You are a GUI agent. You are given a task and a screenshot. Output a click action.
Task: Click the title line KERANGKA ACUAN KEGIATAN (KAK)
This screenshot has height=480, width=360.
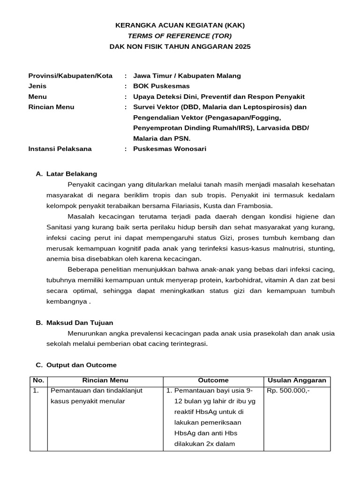point(180,25)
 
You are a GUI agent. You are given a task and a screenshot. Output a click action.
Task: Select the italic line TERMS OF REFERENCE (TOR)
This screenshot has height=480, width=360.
point(180,36)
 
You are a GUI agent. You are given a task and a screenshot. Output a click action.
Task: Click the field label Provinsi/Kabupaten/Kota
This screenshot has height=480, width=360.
point(70,75)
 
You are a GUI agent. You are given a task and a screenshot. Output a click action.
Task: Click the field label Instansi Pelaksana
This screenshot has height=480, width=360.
point(60,149)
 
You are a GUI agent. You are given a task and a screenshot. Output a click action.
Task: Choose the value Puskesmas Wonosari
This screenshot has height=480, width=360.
point(169,149)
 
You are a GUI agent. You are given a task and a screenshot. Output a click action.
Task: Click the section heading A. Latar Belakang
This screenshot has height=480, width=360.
point(67,173)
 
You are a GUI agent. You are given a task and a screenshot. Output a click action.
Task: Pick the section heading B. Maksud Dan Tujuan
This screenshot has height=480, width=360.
point(75,322)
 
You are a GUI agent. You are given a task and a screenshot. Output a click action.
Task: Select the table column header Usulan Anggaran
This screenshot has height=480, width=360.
point(296,380)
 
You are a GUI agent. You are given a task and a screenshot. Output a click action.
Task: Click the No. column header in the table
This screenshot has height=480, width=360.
point(38,380)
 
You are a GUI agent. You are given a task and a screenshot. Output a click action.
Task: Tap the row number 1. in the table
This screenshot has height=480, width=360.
point(36,390)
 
